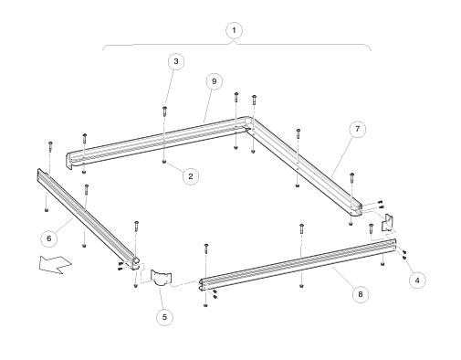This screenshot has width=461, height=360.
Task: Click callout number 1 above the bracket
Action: [234, 30]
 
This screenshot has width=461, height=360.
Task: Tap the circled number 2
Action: [191, 176]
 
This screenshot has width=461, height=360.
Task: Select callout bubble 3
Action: [176, 61]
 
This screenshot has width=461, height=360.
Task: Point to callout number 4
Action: [417, 281]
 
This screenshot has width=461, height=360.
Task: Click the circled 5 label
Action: [164, 317]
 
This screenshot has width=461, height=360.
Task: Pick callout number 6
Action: [49, 238]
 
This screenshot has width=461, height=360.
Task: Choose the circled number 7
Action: [357, 129]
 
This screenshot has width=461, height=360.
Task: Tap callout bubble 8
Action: [361, 294]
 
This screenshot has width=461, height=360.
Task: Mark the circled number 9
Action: [215, 81]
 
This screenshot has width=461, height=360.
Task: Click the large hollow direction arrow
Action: [55, 264]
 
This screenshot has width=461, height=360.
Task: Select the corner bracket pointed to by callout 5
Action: [161, 278]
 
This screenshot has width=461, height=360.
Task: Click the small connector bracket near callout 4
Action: [387, 223]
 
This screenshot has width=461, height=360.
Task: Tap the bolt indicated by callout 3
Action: [164, 111]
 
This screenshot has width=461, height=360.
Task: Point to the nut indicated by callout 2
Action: [164, 162]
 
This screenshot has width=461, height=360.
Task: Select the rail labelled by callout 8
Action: [299, 263]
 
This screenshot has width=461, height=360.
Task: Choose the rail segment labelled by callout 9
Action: [158, 142]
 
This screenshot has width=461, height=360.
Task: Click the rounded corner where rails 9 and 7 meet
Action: [248, 120]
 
